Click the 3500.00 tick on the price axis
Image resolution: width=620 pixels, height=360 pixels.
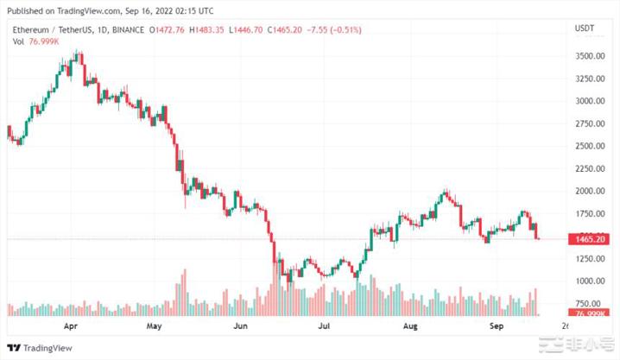pos(589,56)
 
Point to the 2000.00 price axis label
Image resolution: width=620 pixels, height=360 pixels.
pos(589,191)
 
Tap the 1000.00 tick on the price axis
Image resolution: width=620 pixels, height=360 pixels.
pos(589,281)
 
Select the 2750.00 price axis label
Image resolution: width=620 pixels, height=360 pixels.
pos(589,123)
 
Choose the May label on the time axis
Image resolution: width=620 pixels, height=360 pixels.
pos(155,327)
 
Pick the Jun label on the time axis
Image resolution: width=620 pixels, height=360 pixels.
pos(241,327)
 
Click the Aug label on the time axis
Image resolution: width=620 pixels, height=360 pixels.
pos(411,327)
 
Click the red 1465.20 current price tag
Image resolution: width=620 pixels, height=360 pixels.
pos(589,239)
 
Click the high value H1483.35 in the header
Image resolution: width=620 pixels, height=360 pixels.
pos(202,30)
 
